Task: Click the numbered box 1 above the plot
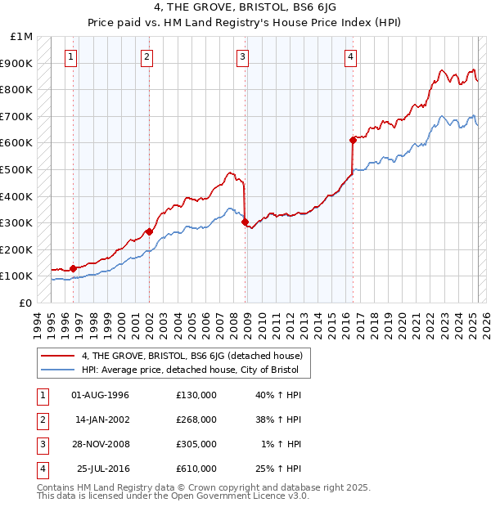tap(72, 56)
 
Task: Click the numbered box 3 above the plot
tap(243, 56)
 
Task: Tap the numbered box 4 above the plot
tap(350, 56)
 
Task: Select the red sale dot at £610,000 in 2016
tap(353, 140)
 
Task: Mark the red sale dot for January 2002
tap(149, 231)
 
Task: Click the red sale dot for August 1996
tap(73, 268)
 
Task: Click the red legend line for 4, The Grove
tap(57, 356)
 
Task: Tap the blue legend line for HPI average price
tap(57, 370)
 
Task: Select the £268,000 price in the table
tap(196, 420)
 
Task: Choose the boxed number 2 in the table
tap(40, 420)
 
